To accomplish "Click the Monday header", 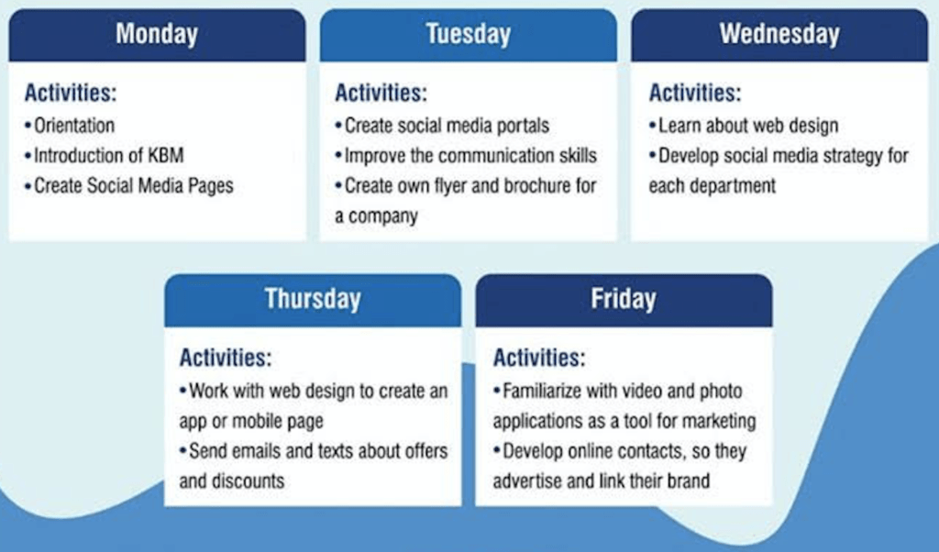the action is [157, 34].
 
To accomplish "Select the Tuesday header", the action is [469, 34].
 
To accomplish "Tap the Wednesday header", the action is [779, 34].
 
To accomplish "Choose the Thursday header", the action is [313, 299].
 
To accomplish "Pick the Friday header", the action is [624, 299].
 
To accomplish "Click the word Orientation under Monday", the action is [74, 126].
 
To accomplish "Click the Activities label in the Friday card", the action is [539, 358].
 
